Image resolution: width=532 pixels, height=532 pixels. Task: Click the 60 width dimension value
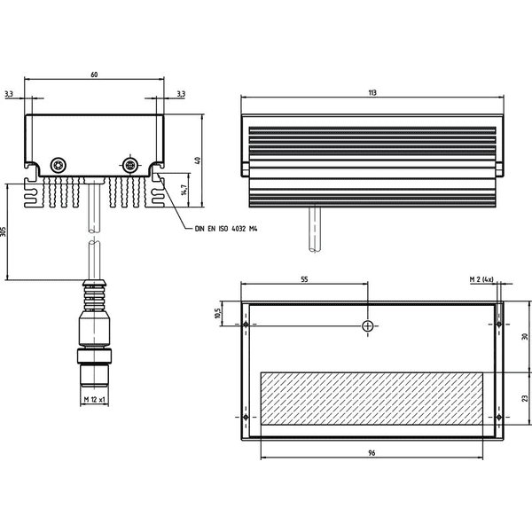pyautogui.click(x=94, y=74)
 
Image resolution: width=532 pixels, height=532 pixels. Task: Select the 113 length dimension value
pyautogui.click(x=372, y=92)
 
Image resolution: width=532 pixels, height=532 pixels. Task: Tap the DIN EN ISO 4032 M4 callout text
pyautogui.click(x=226, y=229)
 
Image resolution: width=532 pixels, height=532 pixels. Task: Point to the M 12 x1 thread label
pyautogui.click(x=94, y=400)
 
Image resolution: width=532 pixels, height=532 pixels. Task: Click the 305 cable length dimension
pyautogui.click(x=3, y=231)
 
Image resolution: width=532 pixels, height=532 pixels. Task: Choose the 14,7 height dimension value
pyautogui.click(x=184, y=190)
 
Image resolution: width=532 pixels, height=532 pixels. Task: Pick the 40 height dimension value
pyautogui.click(x=198, y=160)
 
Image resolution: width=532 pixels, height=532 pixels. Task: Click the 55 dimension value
pyautogui.click(x=304, y=279)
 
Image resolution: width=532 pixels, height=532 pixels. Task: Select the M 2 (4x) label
pyautogui.click(x=481, y=279)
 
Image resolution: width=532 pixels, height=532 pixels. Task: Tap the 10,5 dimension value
pyautogui.click(x=217, y=313)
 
